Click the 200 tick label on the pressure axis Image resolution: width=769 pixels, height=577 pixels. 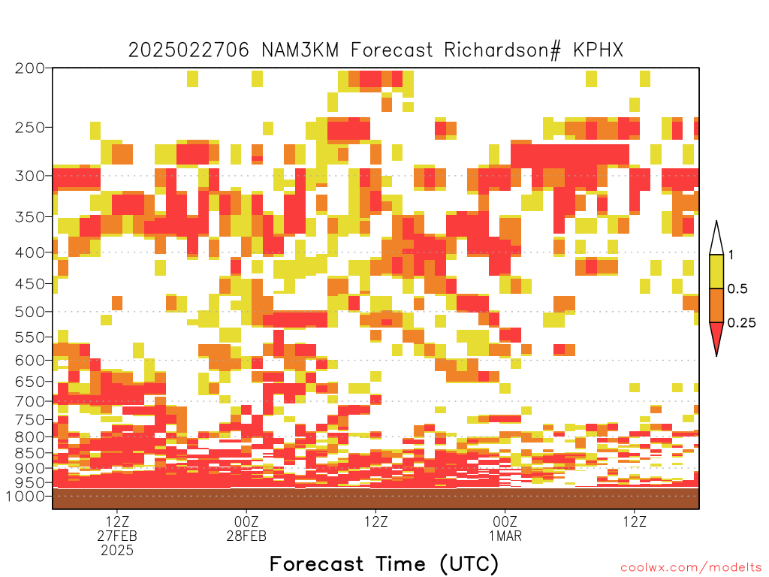(30, 68)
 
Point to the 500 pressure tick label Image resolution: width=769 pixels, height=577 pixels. (30, 312)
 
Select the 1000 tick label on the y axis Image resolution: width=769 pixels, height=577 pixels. (26, 497)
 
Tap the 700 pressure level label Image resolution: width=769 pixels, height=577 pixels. (30, 402)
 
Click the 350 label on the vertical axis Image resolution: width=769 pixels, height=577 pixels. (30, 217)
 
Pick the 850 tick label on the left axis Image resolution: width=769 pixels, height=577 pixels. (30, 453)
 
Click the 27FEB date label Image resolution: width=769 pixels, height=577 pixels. (117, 536)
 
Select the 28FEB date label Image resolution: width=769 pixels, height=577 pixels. (246, 536)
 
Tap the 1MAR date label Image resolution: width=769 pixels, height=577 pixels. (505, 536)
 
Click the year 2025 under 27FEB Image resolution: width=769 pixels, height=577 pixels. (117, 551)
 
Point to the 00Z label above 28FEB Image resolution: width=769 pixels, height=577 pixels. (246, 521)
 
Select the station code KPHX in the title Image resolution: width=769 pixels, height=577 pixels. (599, 50)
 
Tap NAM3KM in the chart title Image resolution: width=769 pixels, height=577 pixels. (300, 50)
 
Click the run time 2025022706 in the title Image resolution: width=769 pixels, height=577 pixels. (188, 50)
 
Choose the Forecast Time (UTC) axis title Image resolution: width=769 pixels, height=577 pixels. (384, 563)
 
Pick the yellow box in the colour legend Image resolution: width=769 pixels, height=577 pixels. (716, 271)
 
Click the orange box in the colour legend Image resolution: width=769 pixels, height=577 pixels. (716, 305)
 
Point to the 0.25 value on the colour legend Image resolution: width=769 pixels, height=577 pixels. (741, 323)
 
